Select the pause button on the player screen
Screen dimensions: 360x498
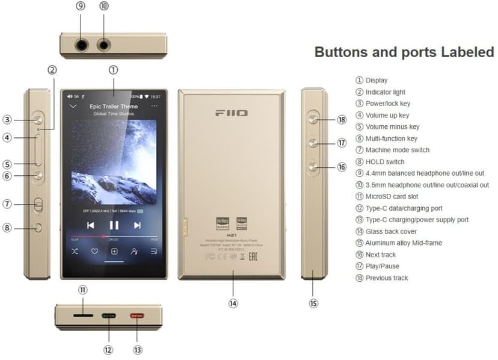tap(114, 225)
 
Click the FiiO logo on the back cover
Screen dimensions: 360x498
tap(232, 113)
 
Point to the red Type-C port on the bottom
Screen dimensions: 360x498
tap(137, 315)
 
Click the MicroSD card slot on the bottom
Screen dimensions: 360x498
tap(83, 315)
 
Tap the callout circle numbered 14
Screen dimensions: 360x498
tap(233, 304)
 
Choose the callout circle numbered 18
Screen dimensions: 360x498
tap(342, 120)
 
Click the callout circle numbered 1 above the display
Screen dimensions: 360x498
tap(114, 69)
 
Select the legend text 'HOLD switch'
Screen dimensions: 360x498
tap(385, 161)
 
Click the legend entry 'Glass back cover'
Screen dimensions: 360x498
tap(391, 231)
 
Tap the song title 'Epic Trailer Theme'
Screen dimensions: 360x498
tap(114, 107)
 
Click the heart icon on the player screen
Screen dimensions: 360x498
tap(94, 251)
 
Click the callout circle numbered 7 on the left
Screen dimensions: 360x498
tap(8, 204)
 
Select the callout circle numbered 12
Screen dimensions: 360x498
tap(108, 350)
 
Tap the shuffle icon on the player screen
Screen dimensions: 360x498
tap(75, 251)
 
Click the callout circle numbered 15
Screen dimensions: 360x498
tap(313, 304)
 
